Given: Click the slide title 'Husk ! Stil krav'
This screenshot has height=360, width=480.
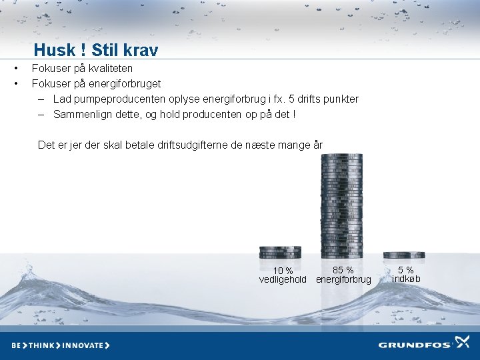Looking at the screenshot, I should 96,50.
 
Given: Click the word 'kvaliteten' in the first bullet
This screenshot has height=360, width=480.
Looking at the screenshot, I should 109,68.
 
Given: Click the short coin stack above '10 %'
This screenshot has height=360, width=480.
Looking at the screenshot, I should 280,252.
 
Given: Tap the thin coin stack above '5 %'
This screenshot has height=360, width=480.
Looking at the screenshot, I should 404,255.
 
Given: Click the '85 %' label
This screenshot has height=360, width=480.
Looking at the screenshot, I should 343,270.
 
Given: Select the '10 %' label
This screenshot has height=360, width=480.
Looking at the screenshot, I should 283,271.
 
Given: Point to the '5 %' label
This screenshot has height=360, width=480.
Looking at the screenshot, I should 406,270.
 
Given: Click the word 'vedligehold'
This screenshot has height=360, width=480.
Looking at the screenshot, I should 283,279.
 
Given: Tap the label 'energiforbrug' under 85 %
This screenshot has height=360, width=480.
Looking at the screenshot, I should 343,279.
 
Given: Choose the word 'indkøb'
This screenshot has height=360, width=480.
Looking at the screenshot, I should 406,279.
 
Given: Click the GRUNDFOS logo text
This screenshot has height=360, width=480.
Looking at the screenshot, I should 415,345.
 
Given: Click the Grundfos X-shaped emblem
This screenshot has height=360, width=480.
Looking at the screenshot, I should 462,343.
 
